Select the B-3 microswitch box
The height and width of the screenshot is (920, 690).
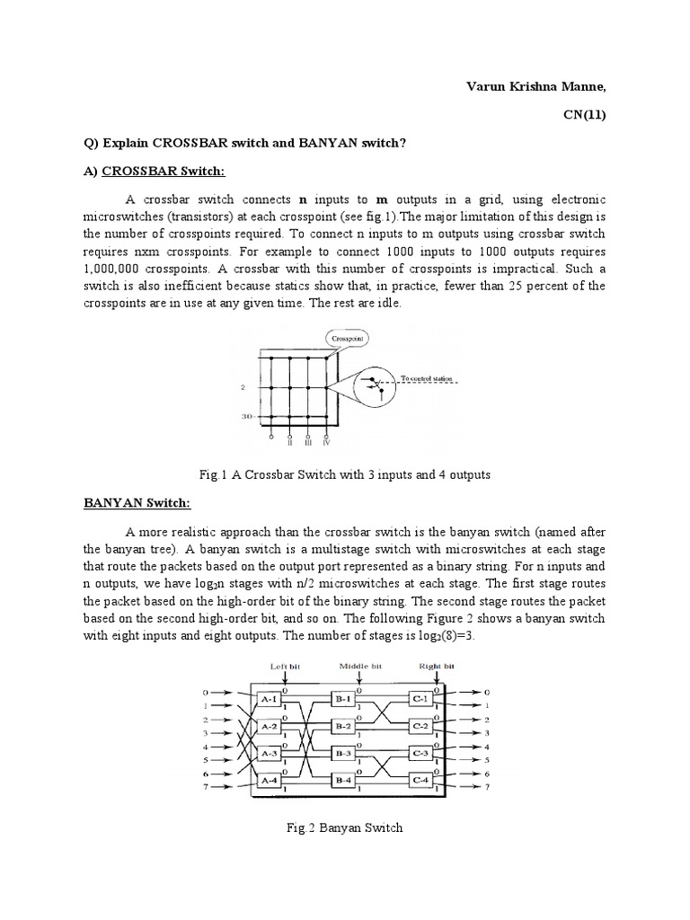(342, 753)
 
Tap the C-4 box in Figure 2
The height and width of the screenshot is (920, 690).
(419, 782)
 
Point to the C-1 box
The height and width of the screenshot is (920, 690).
(419, 697)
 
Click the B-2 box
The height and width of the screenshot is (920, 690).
(342, 725)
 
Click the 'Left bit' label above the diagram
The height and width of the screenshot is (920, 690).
(285, 666)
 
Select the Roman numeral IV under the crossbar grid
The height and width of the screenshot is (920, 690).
(326, 442)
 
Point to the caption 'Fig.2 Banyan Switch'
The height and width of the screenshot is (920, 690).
(344, 827)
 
